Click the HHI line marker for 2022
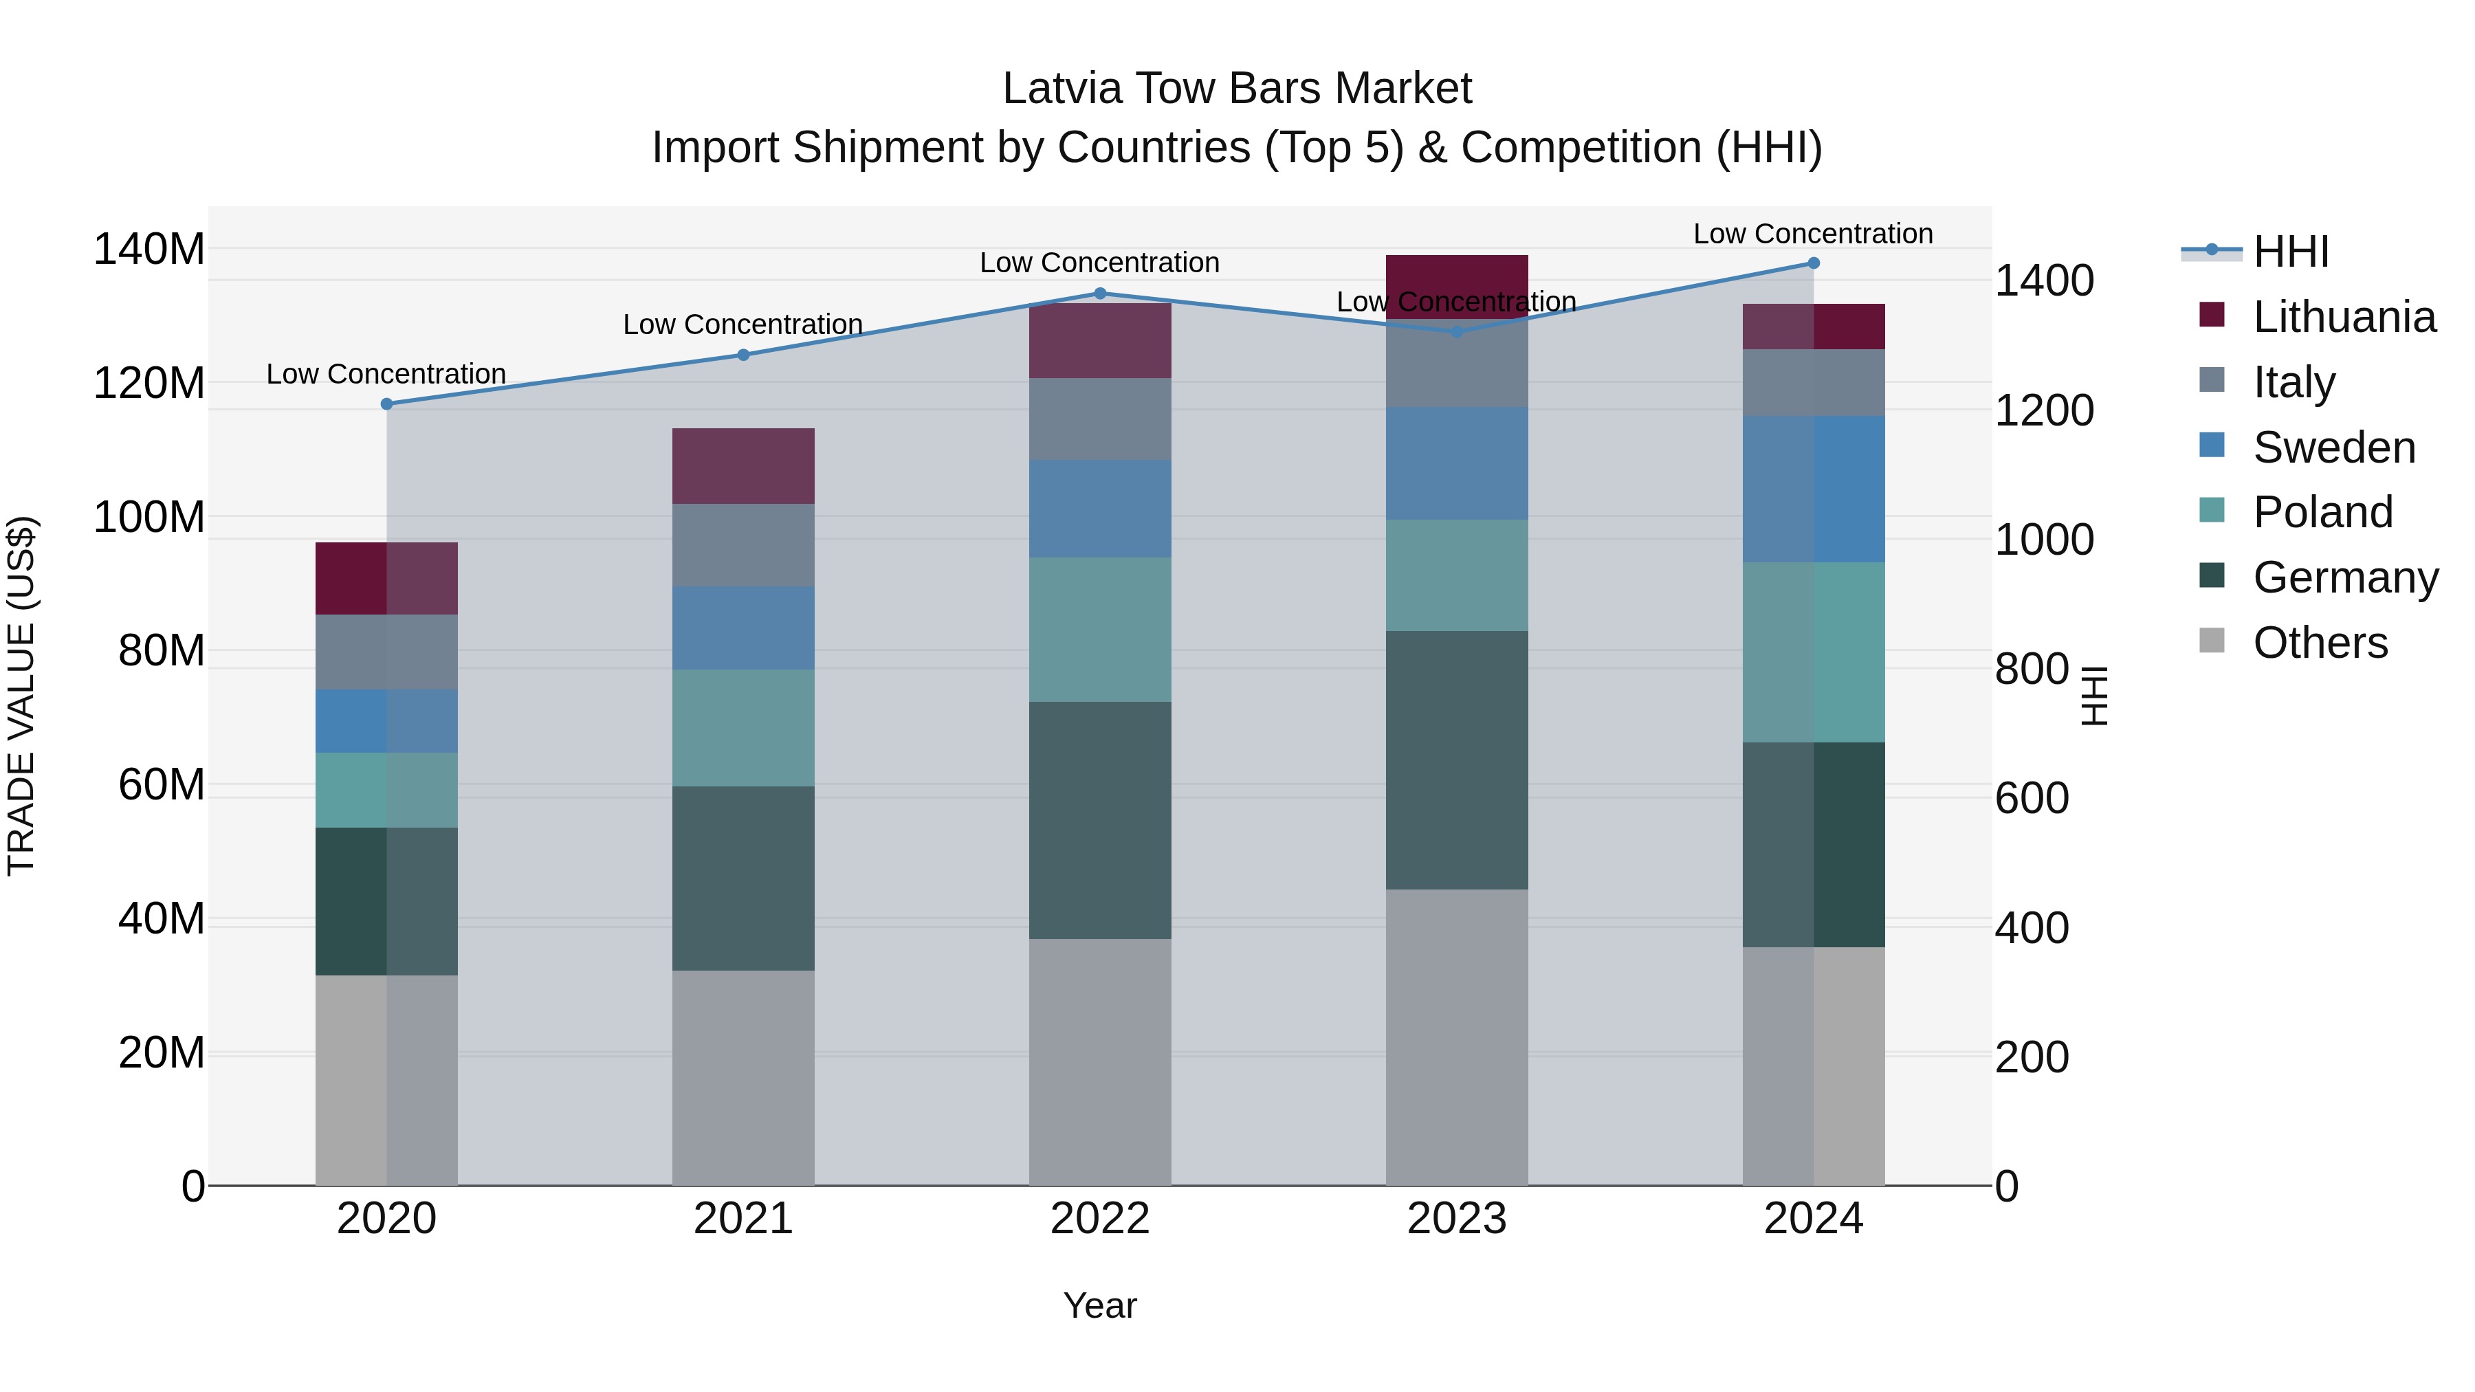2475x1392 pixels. [x=1100, y=293]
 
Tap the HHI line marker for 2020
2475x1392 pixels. [x=387, y=404]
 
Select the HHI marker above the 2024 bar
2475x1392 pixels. [x=1813, y=263]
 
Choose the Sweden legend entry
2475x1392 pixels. [x=2333, y=448]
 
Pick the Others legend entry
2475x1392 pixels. [x=2320, y=643]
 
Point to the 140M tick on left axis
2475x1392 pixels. [x=149, y=250]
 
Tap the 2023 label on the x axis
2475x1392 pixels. [x=1457, y=1219]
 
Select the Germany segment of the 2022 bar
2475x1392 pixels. [x=1100, y=819]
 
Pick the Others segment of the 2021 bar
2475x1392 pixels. [x=742, y=1077]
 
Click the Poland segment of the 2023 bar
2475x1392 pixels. [x=1457, y=575]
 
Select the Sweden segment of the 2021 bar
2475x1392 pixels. [x=742, y=628]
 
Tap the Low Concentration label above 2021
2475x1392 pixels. [x=742, y=324]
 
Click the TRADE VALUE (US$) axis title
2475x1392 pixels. [x=21, y=696]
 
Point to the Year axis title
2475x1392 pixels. [x=1100, y=1305]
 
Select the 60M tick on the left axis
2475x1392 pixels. [x=160, y=785]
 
